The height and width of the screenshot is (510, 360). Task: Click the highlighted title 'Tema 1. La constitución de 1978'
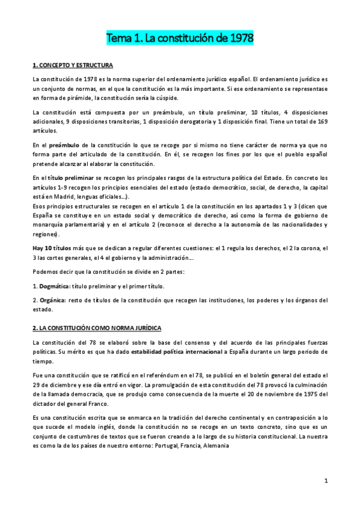pyautogui.click(x=180, y=38)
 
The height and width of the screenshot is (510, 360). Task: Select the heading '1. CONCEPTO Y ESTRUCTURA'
pyautogui.click(x=72, y=64)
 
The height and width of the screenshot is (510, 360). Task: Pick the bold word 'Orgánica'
pyautogui.click(x=53, y=300)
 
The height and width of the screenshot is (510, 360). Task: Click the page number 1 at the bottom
pyautogui.click(x=325, y=481)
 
